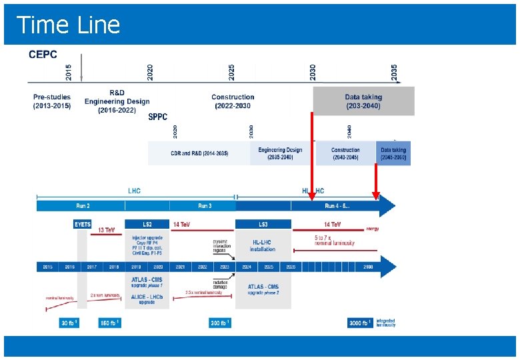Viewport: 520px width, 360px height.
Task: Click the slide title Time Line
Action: [68, 25]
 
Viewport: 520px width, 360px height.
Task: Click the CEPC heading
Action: [43, 54]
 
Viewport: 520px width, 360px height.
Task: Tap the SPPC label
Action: [158, 117]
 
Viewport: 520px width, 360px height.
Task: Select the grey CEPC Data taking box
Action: [363, 101]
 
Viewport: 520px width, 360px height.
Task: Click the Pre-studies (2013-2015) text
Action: [52, 101]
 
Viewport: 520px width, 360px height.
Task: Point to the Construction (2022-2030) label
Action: [233, 101]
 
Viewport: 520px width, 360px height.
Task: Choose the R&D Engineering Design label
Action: [117, 101]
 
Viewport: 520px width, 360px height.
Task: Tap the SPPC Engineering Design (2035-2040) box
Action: [280, 153]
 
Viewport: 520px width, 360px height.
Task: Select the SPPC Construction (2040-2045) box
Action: [345, 153]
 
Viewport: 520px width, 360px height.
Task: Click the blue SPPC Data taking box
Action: [393, 153]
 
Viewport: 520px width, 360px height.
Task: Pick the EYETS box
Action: [82, 225]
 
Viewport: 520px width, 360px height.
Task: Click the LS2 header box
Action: [147, 225]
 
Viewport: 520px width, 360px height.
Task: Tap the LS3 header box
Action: [263, 225]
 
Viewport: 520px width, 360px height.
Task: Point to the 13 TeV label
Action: [106, 230]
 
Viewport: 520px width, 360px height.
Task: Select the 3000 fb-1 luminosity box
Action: [359, 323]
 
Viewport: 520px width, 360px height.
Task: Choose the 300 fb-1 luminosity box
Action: [220, 323]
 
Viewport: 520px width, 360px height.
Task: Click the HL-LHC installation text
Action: [263, 245]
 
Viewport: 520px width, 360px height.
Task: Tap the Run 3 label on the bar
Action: [205, 206]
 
